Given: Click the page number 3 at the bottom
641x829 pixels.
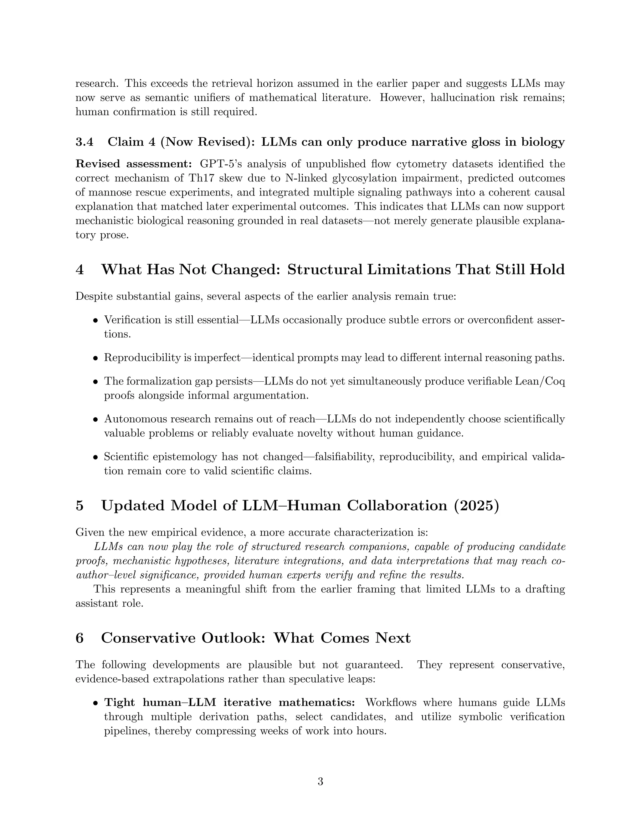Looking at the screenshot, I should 320,781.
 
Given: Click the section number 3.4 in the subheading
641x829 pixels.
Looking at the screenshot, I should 84,142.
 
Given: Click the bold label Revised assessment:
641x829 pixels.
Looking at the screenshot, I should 134,164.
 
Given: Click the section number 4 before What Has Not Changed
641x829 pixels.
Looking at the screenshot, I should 79,269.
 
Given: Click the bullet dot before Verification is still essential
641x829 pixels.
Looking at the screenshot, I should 96,320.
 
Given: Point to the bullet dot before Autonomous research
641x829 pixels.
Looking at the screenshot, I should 96,420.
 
